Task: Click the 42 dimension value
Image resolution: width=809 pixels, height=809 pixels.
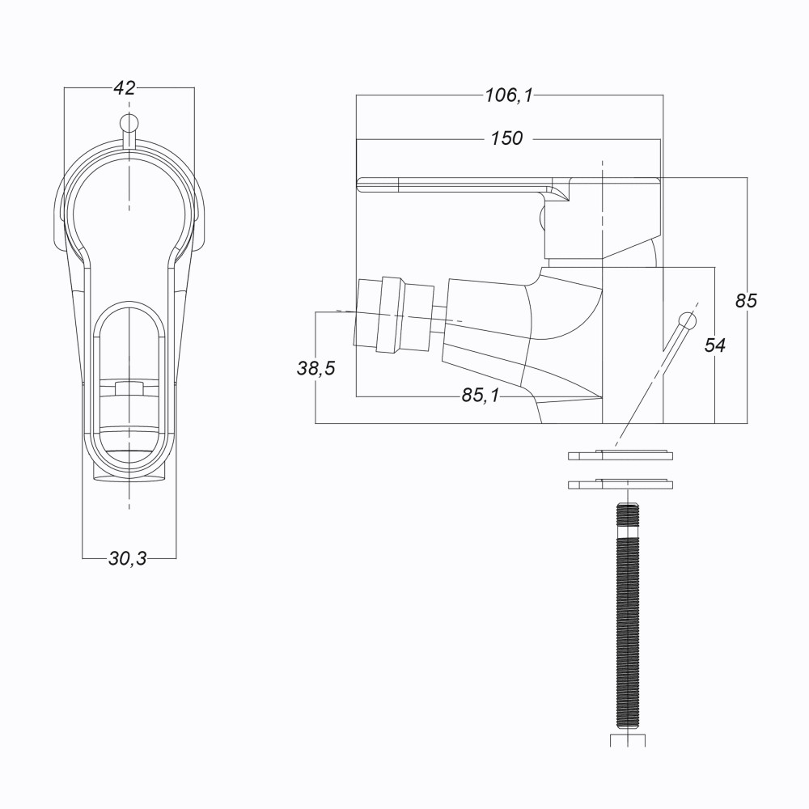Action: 125,88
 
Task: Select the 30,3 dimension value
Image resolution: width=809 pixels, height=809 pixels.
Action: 128,558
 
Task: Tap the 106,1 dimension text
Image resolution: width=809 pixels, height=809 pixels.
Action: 509,95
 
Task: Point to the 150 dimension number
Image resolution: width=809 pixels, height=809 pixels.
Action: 506,138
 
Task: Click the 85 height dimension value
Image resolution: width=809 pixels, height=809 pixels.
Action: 746,300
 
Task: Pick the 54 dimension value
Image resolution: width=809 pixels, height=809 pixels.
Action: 715,345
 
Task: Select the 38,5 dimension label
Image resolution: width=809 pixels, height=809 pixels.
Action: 316,368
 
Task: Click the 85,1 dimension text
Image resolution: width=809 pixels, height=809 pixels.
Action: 481,396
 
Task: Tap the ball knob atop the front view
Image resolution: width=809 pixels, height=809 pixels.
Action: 129,123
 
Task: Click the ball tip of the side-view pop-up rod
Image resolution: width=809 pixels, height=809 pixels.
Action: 687,321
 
